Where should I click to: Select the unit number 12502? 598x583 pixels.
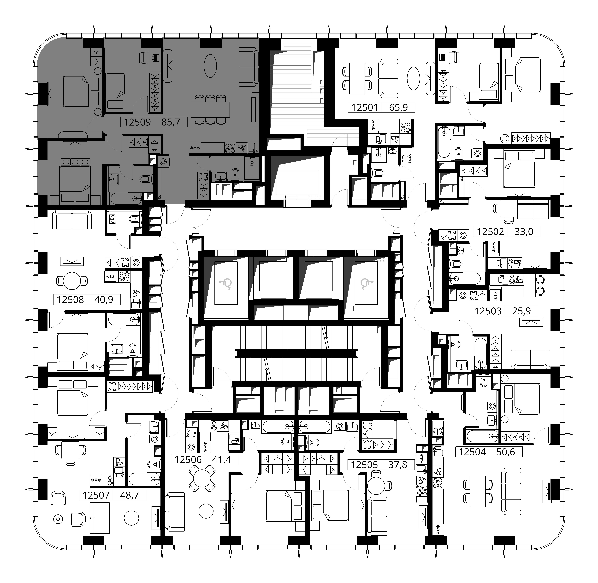coord(490,231)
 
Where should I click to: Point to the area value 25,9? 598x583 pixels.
coord(521,311)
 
